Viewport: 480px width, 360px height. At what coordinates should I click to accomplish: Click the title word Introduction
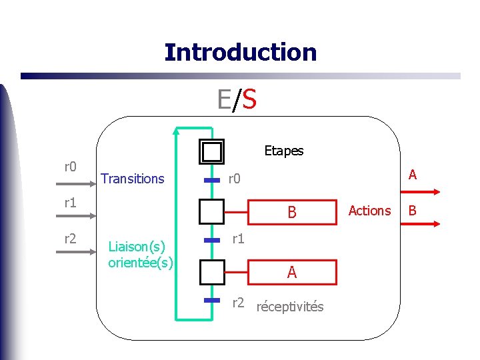pos(240,52)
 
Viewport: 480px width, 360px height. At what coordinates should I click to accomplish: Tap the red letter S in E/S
pos(249,100)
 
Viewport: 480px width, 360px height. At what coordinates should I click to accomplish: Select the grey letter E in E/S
pos(225,100)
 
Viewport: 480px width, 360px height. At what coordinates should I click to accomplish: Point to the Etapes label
pos(283,151)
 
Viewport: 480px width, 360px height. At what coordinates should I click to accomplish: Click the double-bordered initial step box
pos(212,152)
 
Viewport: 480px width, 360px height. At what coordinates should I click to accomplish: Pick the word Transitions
pos(132,179)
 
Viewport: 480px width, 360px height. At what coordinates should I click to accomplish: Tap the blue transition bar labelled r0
pos(212,180)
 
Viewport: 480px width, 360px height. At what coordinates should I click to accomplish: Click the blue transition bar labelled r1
pos(212,239)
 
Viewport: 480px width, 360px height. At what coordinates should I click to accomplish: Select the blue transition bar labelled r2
pos(212,301)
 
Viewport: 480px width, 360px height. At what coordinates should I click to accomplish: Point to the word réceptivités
pos(290,307)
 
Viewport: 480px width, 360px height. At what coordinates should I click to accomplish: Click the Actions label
pos(369,211)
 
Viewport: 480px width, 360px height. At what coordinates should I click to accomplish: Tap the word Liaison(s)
pos(141,247)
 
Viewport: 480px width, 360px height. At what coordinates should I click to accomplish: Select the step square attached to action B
pos(212,212)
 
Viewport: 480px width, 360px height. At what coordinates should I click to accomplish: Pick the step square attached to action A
pos(212,272)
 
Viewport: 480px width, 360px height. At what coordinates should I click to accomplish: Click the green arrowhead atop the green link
pos(175,131)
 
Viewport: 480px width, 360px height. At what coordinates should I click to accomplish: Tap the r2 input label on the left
pos(70,239)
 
